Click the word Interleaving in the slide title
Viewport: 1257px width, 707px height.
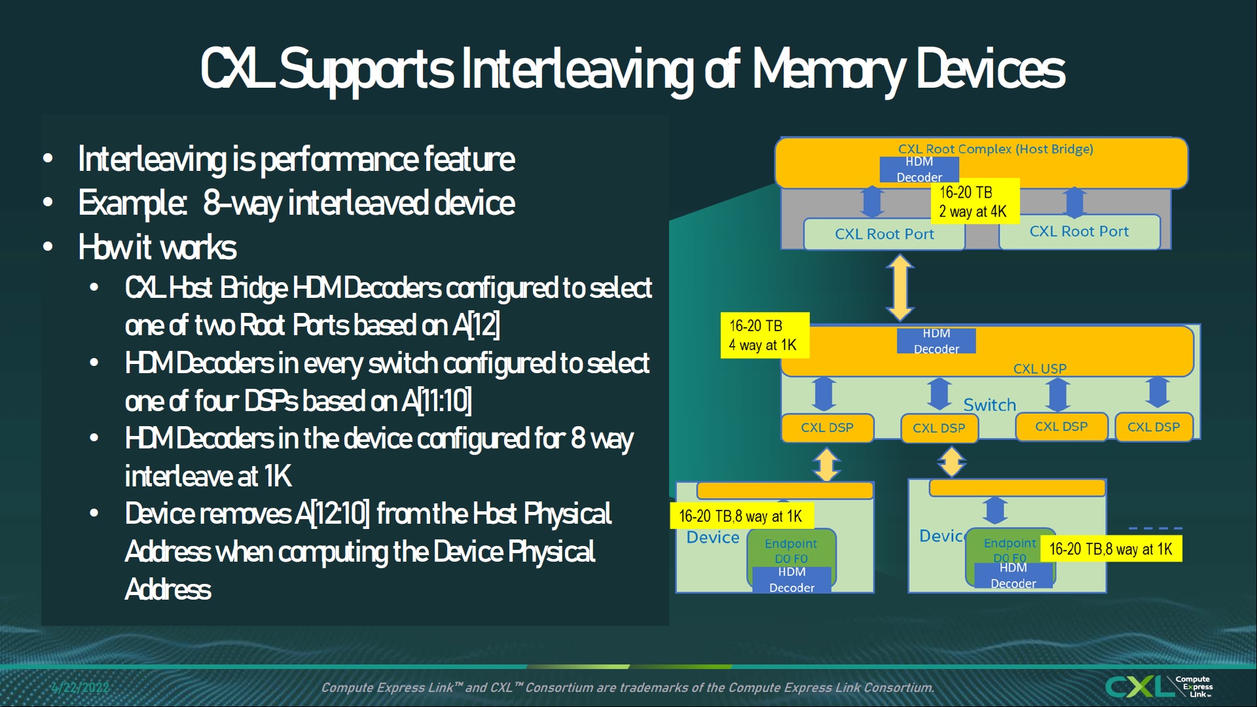pos(576,69)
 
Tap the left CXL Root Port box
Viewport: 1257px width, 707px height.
pos(884,234)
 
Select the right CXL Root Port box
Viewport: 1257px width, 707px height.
pos(1079,232)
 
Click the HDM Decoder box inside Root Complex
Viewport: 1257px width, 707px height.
pos(919,170)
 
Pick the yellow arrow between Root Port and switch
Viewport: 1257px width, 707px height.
pos(900,287)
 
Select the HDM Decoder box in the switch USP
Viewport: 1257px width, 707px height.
pos(936,341)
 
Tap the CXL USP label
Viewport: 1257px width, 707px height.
pos(1040,369)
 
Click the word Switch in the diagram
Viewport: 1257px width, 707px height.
pos(989,405)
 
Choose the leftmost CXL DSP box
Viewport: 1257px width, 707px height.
pos(827,427)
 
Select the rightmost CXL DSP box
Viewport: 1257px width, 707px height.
pos(1153,427)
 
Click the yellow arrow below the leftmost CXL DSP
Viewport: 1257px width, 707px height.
pos(826,463)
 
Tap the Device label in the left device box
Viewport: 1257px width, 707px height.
pos(712,537)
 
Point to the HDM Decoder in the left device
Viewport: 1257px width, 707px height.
pos(792,580)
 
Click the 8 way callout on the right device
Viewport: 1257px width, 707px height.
pos(1111,549)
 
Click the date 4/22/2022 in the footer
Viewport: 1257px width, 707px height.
pos(80,687)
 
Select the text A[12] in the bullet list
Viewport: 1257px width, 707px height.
pos(476,325)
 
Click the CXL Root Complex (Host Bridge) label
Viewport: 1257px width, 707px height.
pos(995,149)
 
